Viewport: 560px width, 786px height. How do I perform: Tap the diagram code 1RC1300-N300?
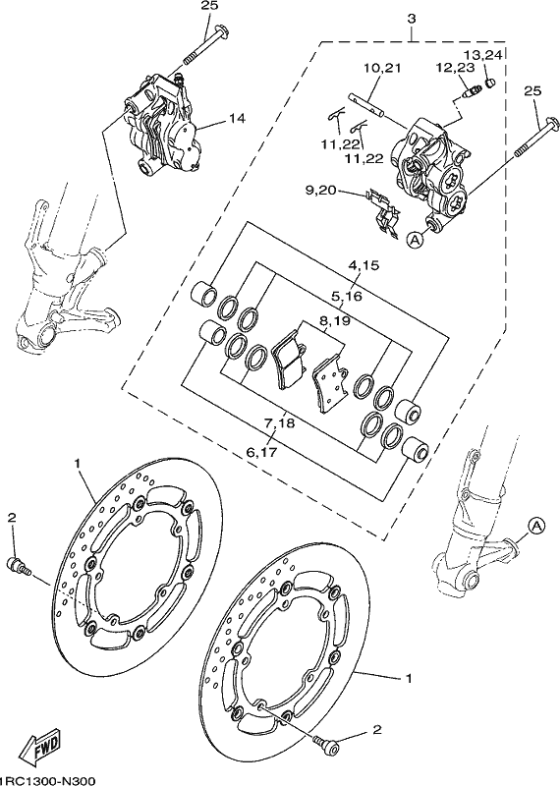(46, 780)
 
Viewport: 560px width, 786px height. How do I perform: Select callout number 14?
(237, 118)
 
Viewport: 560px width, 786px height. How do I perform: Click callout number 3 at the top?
(412, 19)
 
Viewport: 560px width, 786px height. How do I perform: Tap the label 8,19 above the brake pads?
(332, 320)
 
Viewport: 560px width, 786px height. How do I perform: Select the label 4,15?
(364, 265)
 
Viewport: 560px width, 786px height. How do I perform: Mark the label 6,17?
(261, 452)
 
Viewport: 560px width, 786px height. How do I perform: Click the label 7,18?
(279, 423)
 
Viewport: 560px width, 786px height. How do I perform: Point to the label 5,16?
(347, 297)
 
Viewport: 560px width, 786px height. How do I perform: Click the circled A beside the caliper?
(415, 240)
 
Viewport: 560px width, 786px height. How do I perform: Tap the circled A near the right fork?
(536, 526)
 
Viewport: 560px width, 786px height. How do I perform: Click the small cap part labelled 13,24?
(490, 82)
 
